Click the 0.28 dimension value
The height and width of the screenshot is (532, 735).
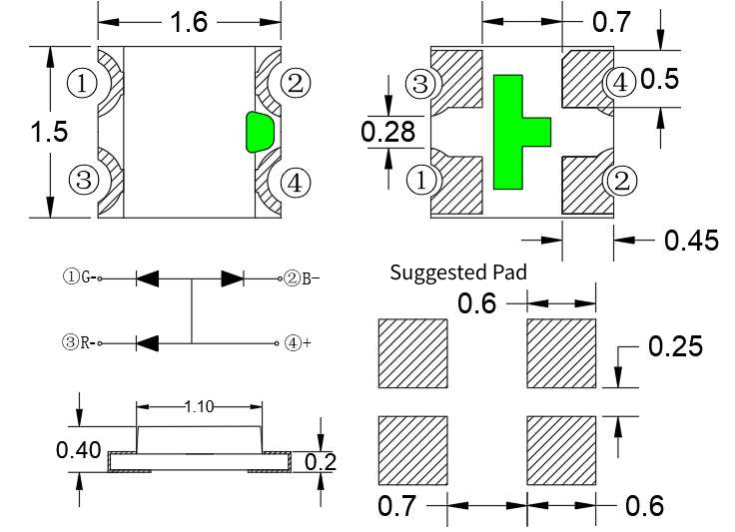(381, 131)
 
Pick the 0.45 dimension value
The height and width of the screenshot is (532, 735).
(690, 240)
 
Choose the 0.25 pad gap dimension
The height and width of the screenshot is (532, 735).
(675, 346)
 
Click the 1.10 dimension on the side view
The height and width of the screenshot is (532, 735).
(199, 406)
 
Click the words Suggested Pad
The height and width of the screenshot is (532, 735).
(457, 271)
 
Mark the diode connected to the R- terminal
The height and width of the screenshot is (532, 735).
(148, 342)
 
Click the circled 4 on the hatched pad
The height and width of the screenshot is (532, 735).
(619, 83)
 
